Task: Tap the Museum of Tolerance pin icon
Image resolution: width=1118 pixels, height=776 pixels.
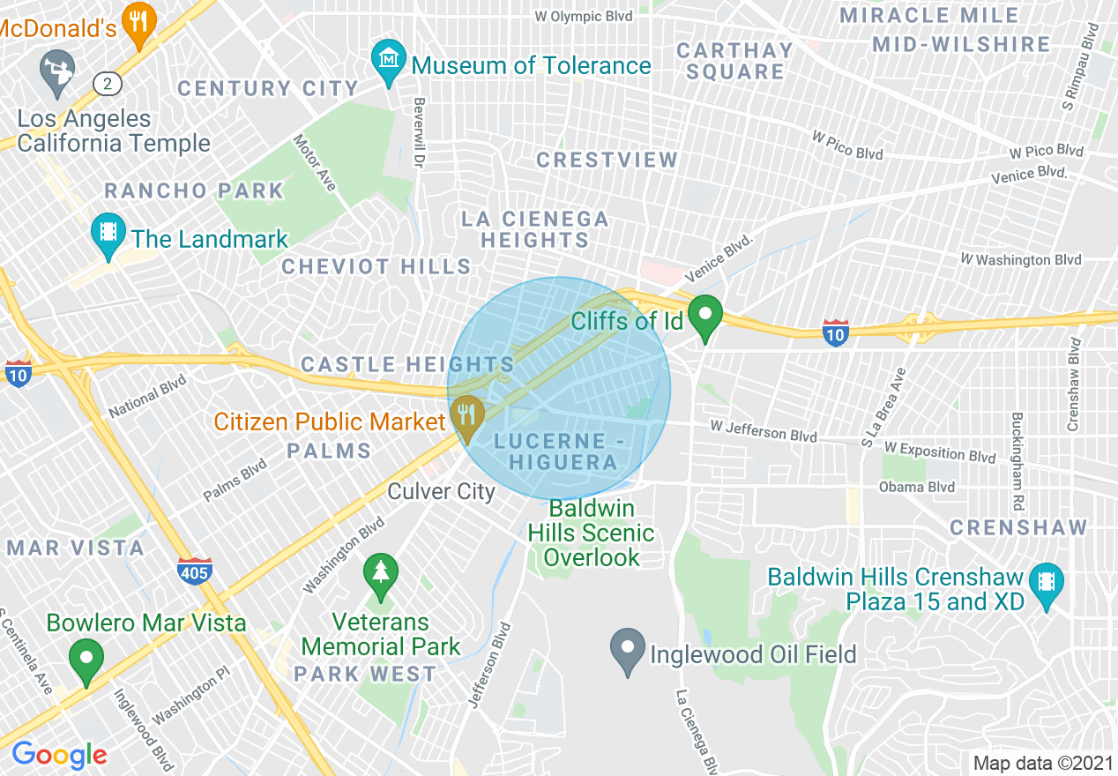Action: pyautogui.click(x=388, y=60)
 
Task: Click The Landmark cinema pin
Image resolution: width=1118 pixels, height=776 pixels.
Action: pyautogui.click(x=108, y=234)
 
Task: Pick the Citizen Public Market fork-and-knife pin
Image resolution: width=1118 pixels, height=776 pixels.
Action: pyautogui.click(x=466, y=415)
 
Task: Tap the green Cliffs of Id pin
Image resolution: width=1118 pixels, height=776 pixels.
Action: pyautogui.click(x=704, y=317)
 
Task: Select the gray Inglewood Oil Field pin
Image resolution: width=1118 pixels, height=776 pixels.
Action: pyautogui.click(x=627, y=650)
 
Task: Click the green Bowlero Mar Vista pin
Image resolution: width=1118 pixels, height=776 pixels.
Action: pyautogui.click(x=86, y=661)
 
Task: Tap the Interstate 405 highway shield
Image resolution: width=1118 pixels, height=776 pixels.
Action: pyautogui.click(x=193, y=571)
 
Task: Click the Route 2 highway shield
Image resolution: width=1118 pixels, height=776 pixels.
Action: pyautogui.click(x=108, y=84)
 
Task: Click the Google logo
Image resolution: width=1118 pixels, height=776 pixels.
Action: pyautogui.click(x=59, y=755)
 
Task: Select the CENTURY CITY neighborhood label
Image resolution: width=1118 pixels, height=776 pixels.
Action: pyautogui.click(x=268, y=88)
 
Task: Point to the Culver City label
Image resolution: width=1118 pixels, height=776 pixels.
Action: pyautogui.click(x=442, y=491)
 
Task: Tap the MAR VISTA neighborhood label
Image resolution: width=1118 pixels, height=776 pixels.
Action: pyautogui.click(x=76, y=548)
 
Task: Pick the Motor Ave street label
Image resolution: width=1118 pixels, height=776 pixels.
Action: pyautogui.click(x=315, y=162)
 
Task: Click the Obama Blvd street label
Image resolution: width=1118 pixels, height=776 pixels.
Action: pyautogui.click(x=916, y=487)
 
